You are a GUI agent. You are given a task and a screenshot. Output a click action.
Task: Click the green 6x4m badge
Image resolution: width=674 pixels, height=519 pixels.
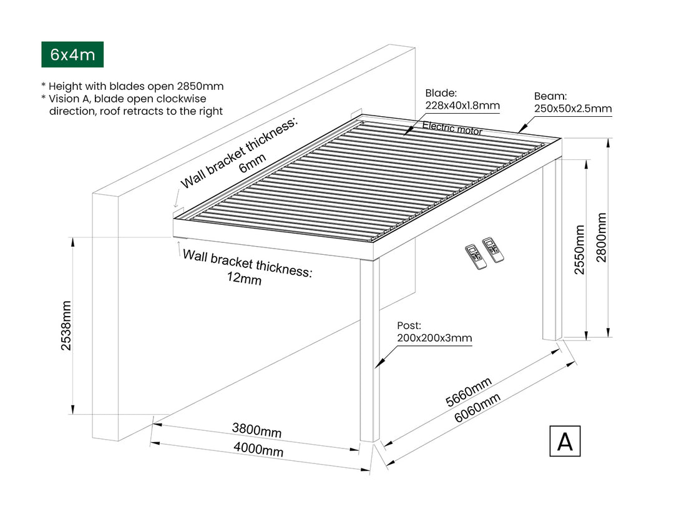tap(72, 55)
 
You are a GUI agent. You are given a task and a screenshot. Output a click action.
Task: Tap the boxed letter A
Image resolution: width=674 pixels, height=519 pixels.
tap(565, 441)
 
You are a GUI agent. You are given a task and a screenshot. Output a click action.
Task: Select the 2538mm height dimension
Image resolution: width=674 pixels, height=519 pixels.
tap(66, 326)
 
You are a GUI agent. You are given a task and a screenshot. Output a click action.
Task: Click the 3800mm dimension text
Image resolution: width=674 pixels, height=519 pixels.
tap(256, 430)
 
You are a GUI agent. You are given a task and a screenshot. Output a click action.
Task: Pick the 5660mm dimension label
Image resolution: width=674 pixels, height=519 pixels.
tap(469, 392)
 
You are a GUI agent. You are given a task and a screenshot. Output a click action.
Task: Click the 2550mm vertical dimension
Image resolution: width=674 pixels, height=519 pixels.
tap(580, 250)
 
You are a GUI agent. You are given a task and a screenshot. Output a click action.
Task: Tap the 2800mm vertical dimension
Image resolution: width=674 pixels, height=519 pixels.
tap(601, 237)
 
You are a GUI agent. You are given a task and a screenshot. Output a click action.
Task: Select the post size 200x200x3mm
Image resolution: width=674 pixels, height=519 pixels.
tap(434, 338)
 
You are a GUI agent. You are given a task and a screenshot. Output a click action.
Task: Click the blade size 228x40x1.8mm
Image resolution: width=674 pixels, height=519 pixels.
tap(462, 106)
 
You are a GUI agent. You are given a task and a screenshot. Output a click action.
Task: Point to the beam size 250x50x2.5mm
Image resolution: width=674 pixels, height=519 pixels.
tap(572, 109)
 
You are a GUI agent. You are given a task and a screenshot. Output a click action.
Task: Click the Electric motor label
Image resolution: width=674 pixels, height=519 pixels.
tap(452, 128)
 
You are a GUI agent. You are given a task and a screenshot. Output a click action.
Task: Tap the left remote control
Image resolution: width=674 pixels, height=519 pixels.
tap(476, 256)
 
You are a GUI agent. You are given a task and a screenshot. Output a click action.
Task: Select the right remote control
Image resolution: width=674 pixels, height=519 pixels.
tap(493, 249)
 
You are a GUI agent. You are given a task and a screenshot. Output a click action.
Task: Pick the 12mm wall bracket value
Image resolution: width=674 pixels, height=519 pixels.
tap(245, 280)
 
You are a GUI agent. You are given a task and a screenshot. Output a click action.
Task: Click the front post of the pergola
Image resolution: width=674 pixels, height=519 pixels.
tap(370, 350)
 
